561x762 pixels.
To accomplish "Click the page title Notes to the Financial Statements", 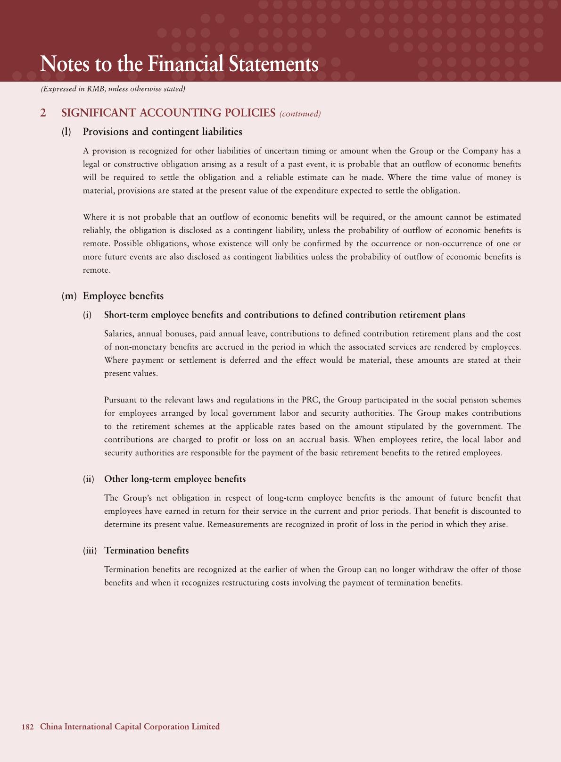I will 180,64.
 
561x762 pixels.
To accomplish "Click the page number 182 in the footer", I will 27,727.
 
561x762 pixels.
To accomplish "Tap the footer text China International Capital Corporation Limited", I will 130,727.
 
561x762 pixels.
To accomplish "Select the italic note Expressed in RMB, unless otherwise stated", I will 113,89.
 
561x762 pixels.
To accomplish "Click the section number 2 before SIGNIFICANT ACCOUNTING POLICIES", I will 43,113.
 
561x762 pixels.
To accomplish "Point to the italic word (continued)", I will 300,114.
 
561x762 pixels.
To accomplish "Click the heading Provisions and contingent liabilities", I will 162,132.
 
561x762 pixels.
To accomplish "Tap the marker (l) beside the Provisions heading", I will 66,132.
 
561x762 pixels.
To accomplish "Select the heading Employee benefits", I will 123,296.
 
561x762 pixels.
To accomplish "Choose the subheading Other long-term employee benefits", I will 175,479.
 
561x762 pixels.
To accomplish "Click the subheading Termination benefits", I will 147,551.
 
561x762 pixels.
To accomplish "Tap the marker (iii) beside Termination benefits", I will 90,551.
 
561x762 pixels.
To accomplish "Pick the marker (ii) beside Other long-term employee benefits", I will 89,479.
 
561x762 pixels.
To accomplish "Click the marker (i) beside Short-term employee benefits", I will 87,315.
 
